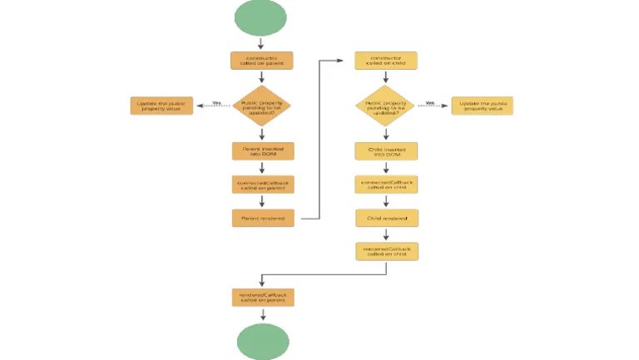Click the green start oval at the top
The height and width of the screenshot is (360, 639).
(262, 17)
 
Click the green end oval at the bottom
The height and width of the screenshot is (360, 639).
(263, 342)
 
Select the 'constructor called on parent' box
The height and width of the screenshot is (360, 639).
(262, 61)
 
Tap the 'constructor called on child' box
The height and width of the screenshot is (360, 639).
(385, 61)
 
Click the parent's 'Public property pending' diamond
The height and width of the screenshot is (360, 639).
(262, 106)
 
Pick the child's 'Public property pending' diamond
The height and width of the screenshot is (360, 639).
(385, 106)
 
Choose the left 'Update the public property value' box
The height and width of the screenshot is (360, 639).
(161, 106)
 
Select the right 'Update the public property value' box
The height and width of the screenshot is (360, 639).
(482, 106)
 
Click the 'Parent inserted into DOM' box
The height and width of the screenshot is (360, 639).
(262, 151)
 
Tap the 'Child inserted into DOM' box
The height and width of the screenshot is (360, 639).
(385, 151)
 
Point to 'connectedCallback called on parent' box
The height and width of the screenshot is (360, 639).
(262, 185)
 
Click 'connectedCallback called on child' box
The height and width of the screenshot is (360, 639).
(385, 185)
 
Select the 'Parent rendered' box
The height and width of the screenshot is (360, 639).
(262, 219)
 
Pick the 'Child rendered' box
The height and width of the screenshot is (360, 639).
(385, 219)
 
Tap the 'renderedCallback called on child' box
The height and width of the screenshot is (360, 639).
(385, 251)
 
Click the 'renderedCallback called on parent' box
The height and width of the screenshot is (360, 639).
(262, 297)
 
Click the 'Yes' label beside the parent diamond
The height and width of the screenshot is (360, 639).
(216, 103)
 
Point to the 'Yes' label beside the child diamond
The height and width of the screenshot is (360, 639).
(430, 103)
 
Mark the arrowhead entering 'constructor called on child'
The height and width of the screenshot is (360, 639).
(342, 61)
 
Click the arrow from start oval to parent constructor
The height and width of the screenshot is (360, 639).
(262, 42)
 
